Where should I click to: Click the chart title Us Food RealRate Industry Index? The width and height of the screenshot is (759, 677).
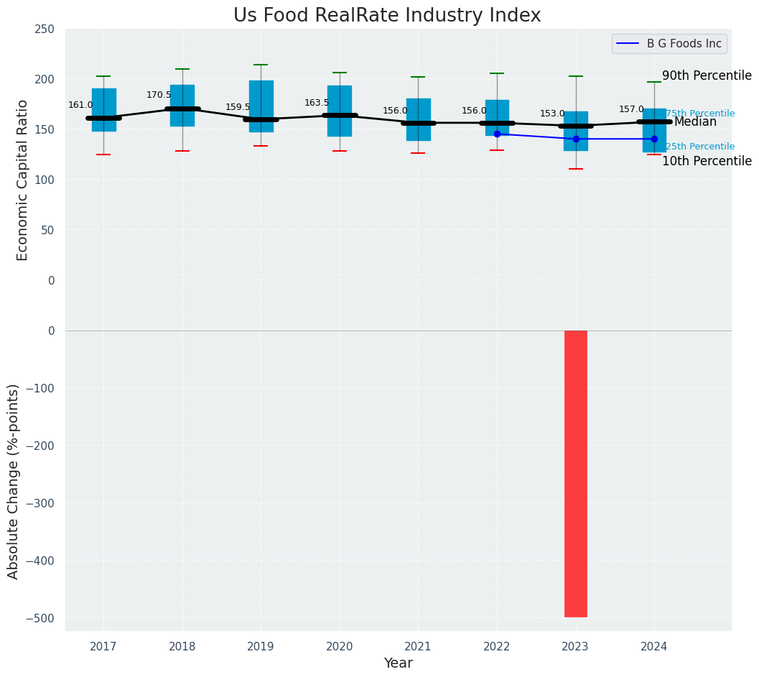(386, 16)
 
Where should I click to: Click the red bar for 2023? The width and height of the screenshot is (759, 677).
(576, 474)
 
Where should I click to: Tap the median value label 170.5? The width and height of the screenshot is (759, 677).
(159, 95)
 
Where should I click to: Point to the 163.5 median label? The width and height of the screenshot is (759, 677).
(317, 103)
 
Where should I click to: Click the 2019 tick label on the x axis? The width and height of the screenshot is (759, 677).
(261, 647)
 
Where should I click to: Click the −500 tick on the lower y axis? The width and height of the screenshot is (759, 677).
(41, 618)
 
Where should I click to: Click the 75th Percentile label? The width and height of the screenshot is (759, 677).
(700, 114)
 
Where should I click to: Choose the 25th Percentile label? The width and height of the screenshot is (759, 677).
(700, 147)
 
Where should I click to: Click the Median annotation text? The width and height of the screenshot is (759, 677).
(695, 122)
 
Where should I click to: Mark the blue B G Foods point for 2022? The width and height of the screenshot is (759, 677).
(497, 134)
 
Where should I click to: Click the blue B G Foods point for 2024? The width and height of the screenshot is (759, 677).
(654, 139)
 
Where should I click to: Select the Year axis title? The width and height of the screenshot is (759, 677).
(398, 663)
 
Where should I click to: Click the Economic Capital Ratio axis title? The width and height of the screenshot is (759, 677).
(22, 180)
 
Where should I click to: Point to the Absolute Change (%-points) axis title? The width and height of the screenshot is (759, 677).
(14, 481)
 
